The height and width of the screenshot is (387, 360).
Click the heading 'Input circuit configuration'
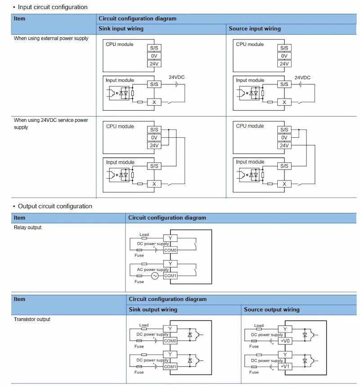coord(53,7)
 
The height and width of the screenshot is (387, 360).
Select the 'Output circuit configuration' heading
coord(55,206)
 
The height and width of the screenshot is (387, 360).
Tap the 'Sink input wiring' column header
coord(121,29)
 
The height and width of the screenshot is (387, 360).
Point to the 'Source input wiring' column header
coord(255,29)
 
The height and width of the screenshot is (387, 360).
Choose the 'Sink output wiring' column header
coord(153,310)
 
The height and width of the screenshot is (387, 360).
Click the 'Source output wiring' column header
coord(272,310)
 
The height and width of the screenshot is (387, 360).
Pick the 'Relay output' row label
coord(27,227)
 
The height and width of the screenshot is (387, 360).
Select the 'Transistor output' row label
coord(32,319)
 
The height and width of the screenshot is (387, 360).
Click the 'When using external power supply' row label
coord(51,38)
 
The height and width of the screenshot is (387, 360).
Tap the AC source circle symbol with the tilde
coord(155,276)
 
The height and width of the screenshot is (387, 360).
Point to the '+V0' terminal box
coord(285,341)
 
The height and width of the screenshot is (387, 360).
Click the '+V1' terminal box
coord(285,366)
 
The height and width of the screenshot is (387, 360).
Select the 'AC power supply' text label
coord(153,270)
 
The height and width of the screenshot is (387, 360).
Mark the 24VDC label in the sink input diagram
coord(177,77)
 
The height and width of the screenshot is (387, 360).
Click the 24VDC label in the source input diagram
coord(302,77)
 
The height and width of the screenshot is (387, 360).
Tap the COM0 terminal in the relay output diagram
coord(170,250)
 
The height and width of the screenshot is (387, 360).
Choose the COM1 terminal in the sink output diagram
coord(170,366)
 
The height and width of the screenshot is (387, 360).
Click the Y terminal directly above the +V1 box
coord(285,355)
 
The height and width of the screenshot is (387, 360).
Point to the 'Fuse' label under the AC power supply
coord(139,281)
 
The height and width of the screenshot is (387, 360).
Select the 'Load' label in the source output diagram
coord(259,325)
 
